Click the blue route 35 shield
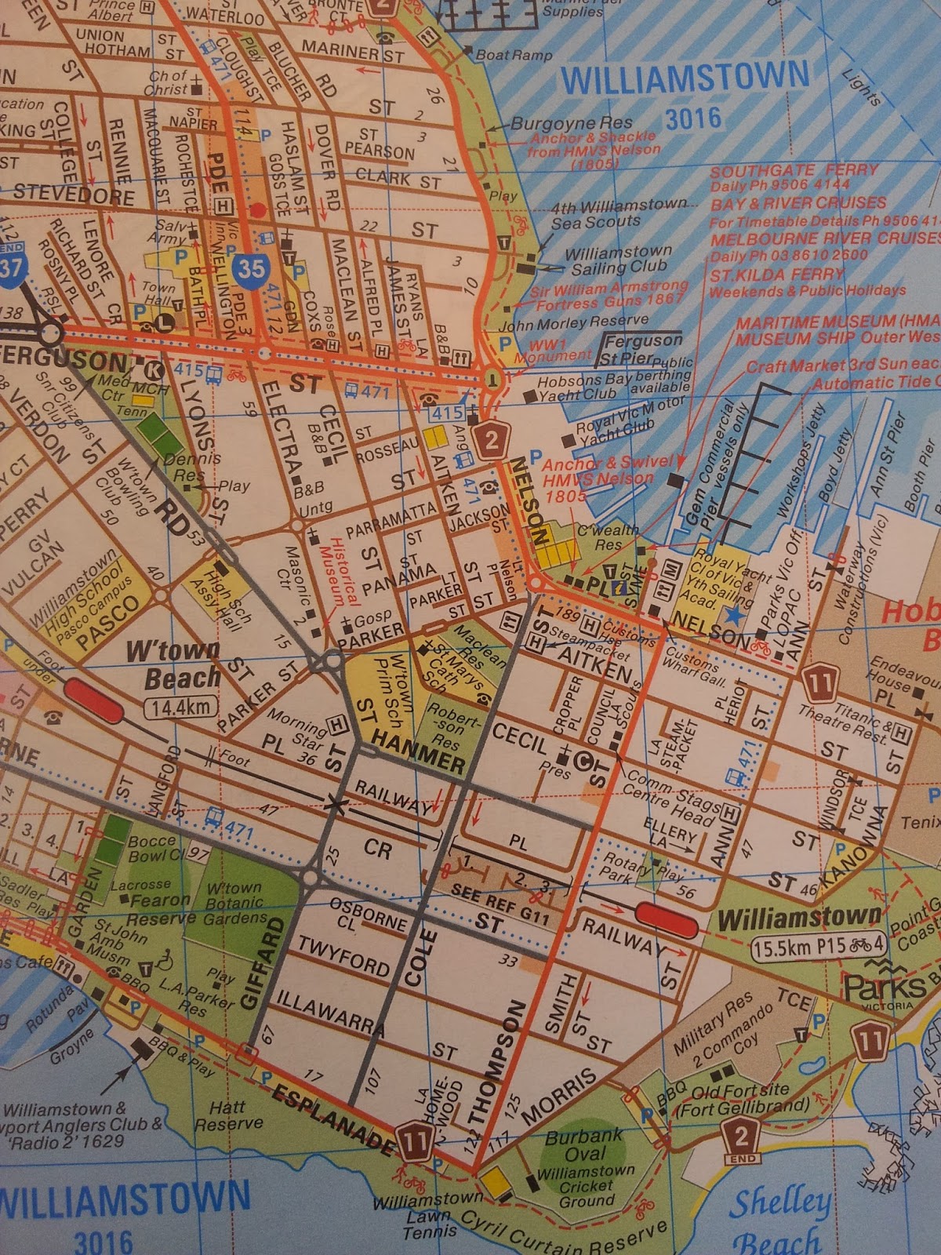click(x=251, y=268)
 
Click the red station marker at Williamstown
click(x=667, y=919)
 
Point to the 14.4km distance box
click(x=181, y=708)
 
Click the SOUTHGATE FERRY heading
click(x=794, y=171)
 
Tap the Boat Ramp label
click(x=514, y=54)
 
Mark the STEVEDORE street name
click(x=74, y=193)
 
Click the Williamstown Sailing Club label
click(x=619, y=260)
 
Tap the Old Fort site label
click(x=741, y=1099)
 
